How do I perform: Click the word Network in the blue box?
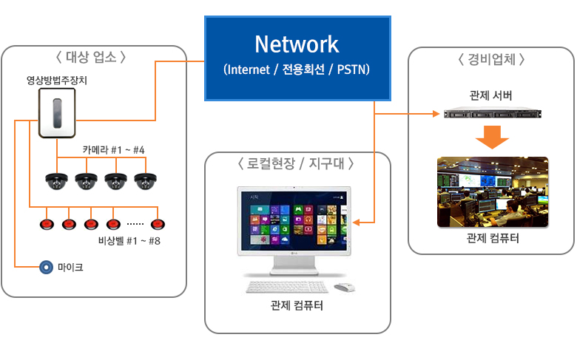pos(296,44)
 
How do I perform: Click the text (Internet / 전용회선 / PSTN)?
pos(296,70)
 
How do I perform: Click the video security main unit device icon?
pos(57,113)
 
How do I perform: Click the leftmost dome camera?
pos(57,180)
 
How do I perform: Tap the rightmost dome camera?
pos(145,180)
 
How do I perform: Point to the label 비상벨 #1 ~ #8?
pos(129,241)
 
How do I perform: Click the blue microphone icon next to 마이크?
pos(46,267)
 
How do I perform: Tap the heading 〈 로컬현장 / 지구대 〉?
pos(297,163)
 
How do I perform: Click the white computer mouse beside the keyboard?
pos(343,287)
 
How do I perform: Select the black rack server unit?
pos(492,114)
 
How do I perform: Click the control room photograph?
pos(493,191)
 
